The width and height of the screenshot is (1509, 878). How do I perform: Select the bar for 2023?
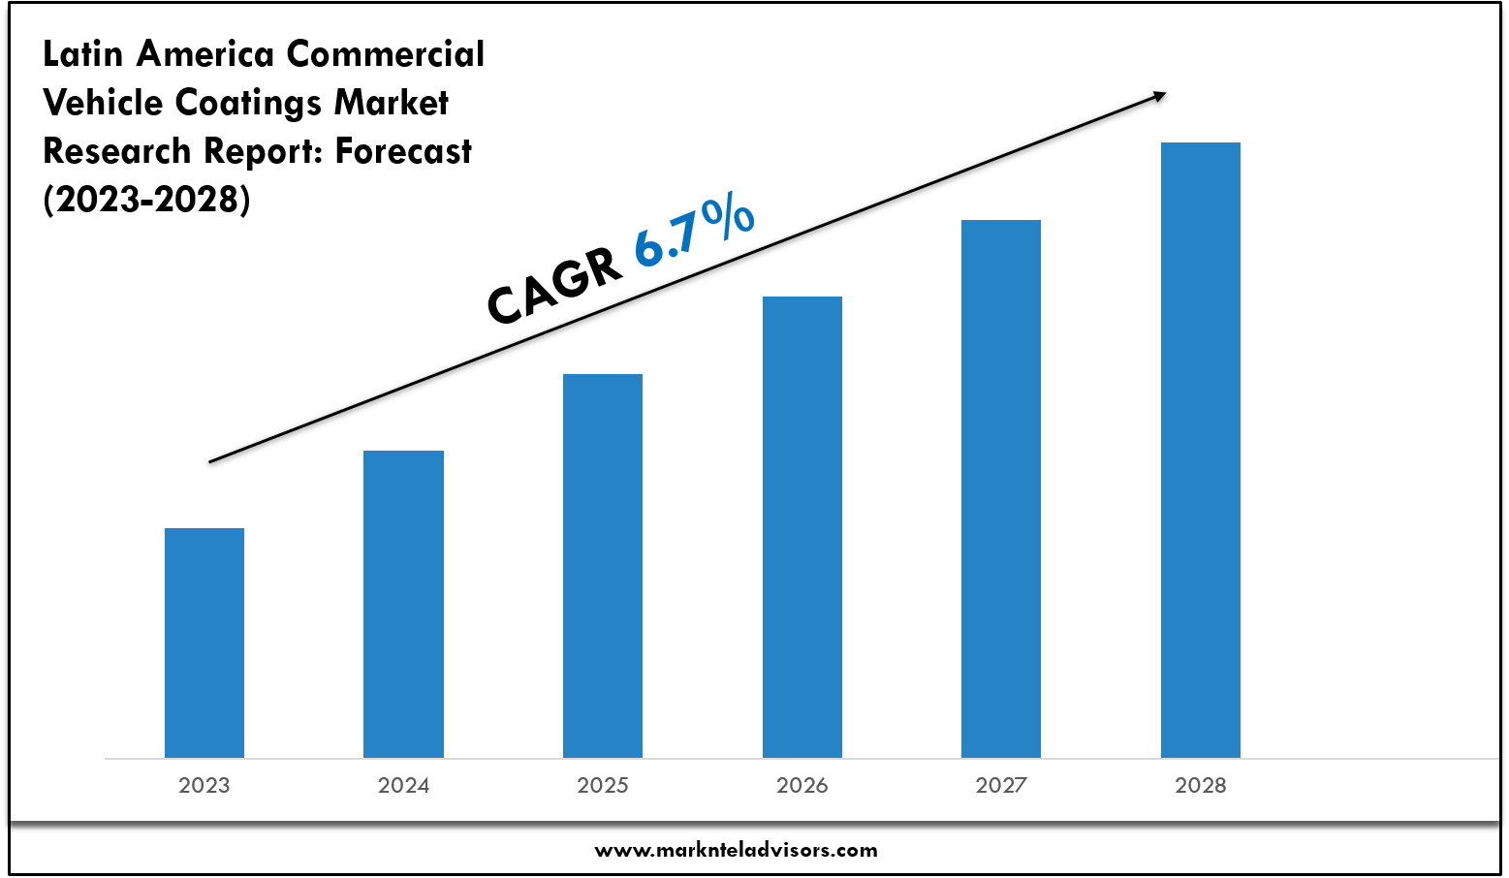coord(204,643)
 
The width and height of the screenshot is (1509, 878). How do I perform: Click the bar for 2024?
coord(403,604)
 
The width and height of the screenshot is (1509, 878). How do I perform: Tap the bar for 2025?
coord(603,565)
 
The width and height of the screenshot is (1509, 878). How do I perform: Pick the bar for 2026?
coord(802,526)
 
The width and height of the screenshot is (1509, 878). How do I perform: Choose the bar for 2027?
coord(1001,488)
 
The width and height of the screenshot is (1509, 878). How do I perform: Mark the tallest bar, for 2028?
coord(1201,450)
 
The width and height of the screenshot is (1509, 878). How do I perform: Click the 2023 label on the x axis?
coord(204,785)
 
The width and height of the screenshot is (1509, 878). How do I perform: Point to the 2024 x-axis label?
coord(403,785)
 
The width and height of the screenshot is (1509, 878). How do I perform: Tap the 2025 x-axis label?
coord(603,785)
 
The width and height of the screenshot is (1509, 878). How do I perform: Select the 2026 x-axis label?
coord(802,785)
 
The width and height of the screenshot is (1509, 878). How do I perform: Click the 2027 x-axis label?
coord(1001,785)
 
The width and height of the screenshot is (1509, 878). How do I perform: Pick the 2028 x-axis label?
coord(1201,785)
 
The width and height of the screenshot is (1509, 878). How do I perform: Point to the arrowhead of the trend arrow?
coord(1159,95)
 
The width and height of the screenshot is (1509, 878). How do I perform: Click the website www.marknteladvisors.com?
coord(737,850)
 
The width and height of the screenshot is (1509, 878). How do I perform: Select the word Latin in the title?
coord(83,54)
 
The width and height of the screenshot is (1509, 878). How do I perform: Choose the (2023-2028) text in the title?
coord(146,200)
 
